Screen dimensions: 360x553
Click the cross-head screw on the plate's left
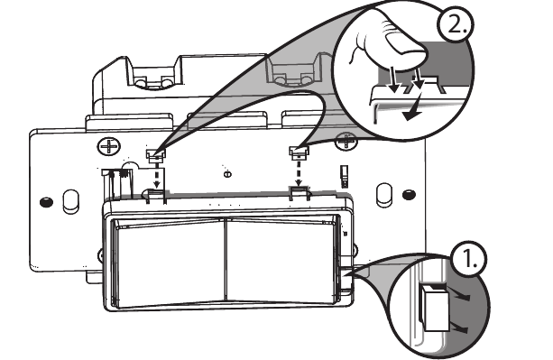pos(109,144)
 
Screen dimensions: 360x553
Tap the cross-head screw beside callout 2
pos(344,140)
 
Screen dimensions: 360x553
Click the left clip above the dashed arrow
pos(154,154)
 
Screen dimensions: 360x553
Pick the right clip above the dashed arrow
pos(297,150)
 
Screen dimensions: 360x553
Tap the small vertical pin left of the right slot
pos(344,173)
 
